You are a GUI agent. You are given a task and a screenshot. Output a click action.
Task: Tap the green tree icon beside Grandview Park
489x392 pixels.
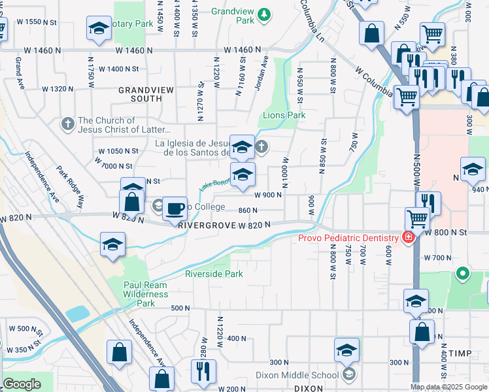click(x=264, y=14)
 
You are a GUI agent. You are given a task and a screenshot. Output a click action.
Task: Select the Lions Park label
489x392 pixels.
click(x=284, y=115)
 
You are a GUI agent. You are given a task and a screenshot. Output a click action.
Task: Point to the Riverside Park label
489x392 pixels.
click(x=214, y=274)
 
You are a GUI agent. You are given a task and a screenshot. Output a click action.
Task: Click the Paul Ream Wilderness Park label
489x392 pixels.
click(x=146, y=294)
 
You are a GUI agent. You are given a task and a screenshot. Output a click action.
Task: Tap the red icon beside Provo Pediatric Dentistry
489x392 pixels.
click(x=408, y=237)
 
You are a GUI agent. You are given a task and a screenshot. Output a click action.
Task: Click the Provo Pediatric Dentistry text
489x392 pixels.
click(x=348, y=238)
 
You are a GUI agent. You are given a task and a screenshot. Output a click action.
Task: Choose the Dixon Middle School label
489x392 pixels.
click(x=297, y=374)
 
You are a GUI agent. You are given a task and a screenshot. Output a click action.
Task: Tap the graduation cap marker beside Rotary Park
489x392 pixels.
click(x=99, y=29)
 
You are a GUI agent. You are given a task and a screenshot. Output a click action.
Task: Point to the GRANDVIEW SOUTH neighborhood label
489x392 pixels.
click(x=140, y=94)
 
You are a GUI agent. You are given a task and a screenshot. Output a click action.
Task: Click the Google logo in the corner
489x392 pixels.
click(x=22, y=384)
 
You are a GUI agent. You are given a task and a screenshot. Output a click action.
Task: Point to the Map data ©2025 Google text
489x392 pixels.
click(x=448, y=387)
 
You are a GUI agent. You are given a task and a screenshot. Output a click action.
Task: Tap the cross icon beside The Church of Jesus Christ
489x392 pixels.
click(x=67, y=123)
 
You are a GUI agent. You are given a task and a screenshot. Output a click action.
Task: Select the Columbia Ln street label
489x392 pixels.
click(x=312, y=18)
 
